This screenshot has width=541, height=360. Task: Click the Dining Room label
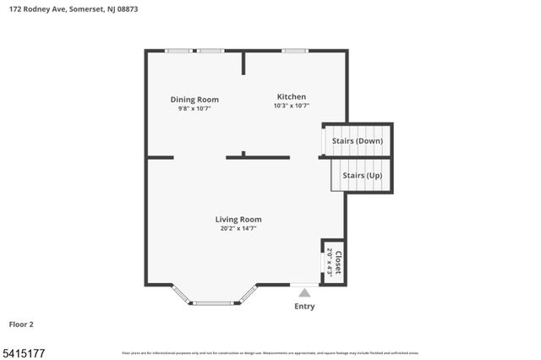[194, 100]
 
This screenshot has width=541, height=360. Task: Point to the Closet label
[338, 262]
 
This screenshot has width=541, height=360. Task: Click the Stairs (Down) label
[356, 140]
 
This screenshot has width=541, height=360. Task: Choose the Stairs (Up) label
[362, 175]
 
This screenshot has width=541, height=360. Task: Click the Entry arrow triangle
[304, 292]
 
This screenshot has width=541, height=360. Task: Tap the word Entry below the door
[304, 306]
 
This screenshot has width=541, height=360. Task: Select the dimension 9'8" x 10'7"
[194, 108]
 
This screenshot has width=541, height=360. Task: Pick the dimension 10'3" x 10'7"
[292, 106]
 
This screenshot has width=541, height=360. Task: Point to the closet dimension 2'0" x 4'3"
[330, 262]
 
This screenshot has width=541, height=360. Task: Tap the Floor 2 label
[21, 324]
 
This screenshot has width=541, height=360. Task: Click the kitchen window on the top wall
[294, 51]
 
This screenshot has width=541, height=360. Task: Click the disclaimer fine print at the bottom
[270, 352]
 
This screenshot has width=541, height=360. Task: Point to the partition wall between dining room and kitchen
[243, 63]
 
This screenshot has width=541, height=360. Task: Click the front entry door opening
[304, 284]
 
